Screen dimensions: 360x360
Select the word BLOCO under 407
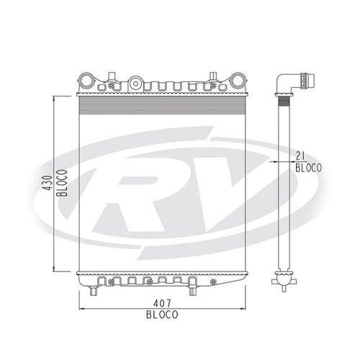coord(163,315)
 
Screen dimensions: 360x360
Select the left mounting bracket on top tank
coord(112,76)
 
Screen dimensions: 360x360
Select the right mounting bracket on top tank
coord(214,76)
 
